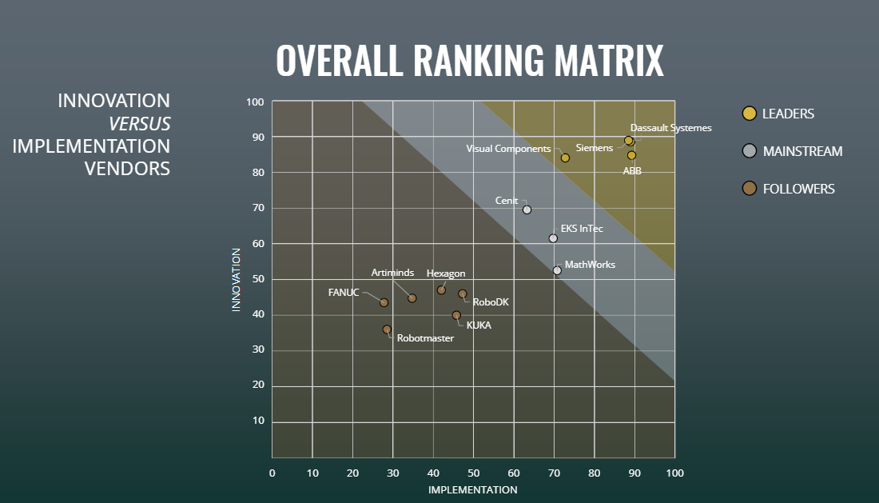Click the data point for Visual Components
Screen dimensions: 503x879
point(565,158)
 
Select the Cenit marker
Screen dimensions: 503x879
point(527,210)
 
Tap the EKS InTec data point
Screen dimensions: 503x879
point(553,238)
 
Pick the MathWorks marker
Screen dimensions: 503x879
point(557,270)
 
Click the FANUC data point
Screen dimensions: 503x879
point(384,302)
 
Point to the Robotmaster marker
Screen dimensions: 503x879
point(387,329)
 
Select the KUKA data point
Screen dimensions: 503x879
point(456,315)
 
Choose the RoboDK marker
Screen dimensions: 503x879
point(462,294)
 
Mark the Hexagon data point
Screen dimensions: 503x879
point(441,289)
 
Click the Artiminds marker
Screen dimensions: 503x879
point(412,298)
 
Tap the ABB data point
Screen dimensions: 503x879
point(631,155)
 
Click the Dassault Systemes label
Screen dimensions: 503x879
point(670,127)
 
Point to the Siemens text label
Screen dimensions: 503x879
point(594,148)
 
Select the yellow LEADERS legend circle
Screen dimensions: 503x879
point(750,114)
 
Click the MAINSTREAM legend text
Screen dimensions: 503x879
point(802,151)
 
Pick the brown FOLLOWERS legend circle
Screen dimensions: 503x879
point(750,189)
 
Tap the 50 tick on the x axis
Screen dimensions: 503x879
point(473,473)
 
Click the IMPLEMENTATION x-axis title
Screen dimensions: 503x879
point(472,489)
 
